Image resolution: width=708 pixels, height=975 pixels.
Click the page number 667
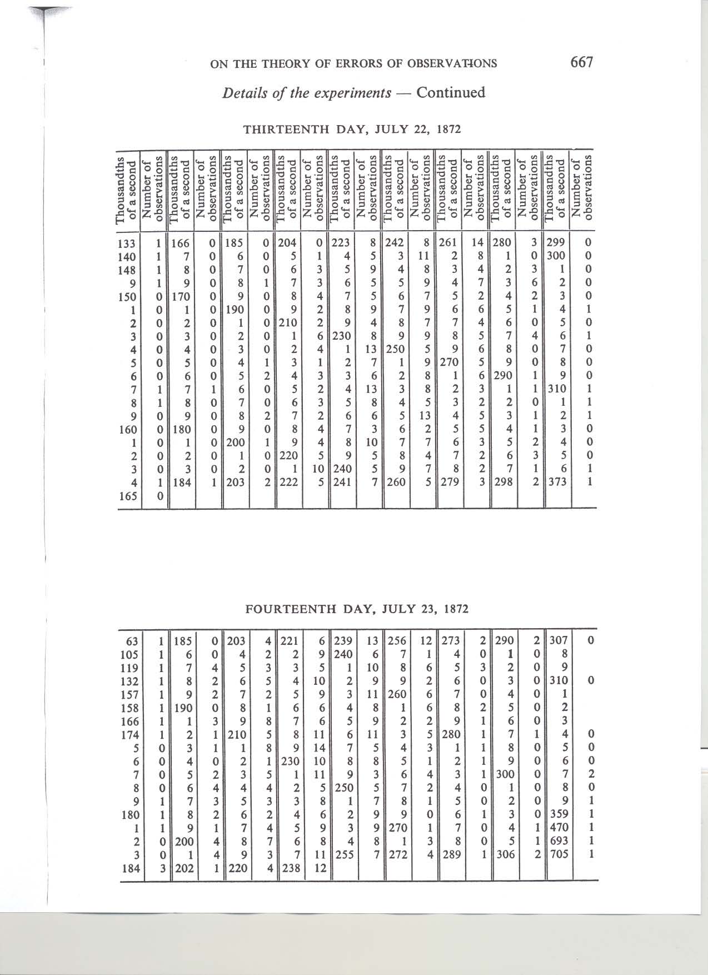tap(582, 62)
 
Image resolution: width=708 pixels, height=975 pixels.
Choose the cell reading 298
tap(505, 482)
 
